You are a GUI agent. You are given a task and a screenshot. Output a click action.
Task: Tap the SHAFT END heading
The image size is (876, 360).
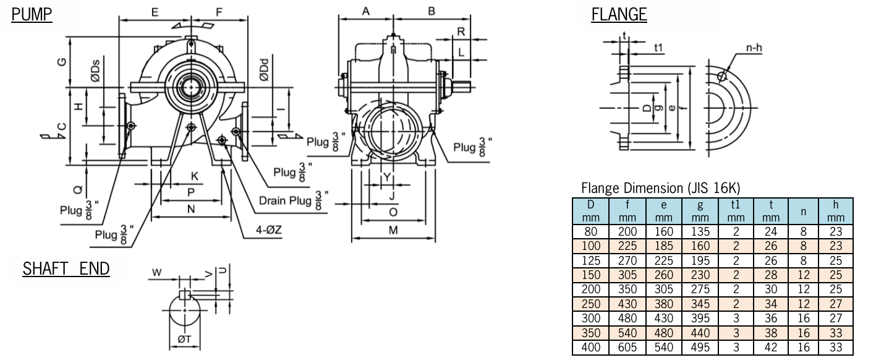point(66,269)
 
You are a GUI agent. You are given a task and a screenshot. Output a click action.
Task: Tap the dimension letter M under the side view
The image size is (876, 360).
point(393,231)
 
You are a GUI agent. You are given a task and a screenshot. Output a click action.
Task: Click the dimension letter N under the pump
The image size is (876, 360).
point(191,210)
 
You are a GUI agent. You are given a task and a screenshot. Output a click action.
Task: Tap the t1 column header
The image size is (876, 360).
point(735,203)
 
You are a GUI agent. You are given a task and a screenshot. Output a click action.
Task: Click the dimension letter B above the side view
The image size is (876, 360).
point(432,11)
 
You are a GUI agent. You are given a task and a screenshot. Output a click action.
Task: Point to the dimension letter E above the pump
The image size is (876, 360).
point(155,12)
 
